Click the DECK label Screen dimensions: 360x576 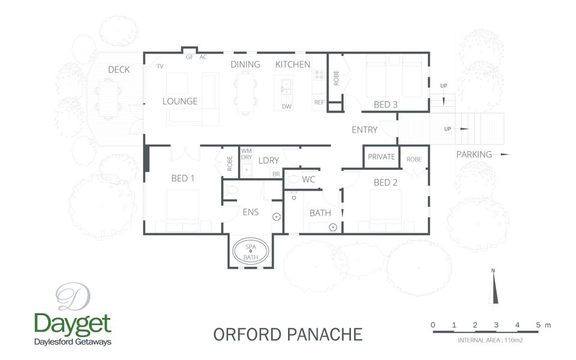coord(119,70)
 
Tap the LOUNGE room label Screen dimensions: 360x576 coord(180,101)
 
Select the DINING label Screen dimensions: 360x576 coord(245,64)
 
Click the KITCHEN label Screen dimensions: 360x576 coord(293,64)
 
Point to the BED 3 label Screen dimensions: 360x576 coord(386,104)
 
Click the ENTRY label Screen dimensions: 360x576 coord(364,130)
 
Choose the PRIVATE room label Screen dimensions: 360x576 coord(382,157)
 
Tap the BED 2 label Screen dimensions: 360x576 coord(386,182)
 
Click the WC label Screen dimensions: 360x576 coord(309,179)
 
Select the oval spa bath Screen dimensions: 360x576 coord(252,251)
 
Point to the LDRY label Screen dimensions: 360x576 coord(269,160)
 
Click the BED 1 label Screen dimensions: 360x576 coord(183,178)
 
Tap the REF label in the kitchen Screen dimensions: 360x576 coord(319,103)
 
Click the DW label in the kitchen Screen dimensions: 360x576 coord(287,107)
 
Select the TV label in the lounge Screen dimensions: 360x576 coord(160,66)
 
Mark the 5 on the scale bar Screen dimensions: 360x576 coord(538,325)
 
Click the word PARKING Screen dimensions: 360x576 coord(474,154)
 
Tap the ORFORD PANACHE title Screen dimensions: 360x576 coord(288,334)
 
